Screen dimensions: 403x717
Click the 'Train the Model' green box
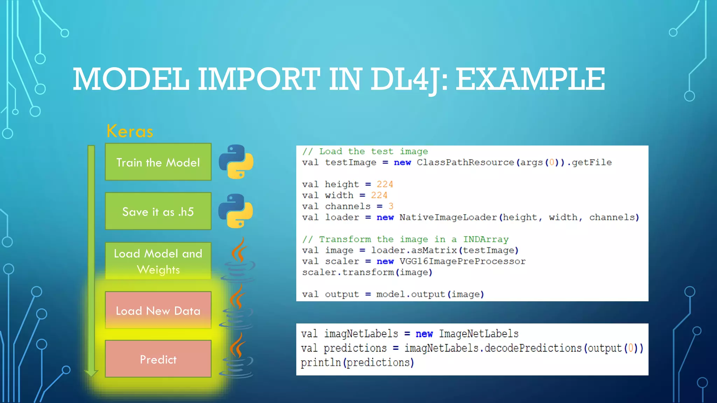click(x=158, y=162)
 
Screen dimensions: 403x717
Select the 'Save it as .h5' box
click(x=158, y=211)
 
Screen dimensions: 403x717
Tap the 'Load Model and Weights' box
click(x=158, y=261)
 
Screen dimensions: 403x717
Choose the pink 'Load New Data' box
click(x=158, y=310)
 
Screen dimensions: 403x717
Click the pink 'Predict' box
click(x=158, y=359)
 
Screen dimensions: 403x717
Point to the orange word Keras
click(x=130, y=132)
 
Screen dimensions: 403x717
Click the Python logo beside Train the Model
click(x=236, y=162)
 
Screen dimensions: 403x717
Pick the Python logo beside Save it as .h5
click(x=236, y=211)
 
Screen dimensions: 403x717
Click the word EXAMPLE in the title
click(x=530, y=79)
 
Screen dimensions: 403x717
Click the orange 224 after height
click(x=385, y=184)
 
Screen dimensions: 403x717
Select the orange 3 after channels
click(x=391, y=206)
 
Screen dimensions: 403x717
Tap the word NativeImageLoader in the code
click(x=448, y=218)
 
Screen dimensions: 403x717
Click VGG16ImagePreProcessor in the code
click(x=462, y=262)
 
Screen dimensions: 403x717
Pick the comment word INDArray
click(x=486, y=240)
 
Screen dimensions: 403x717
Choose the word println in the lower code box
click(x=321, y=363)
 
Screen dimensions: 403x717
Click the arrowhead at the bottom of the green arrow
click(x=91, y=373)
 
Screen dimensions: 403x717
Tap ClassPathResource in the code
click(x=465, y=163)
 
